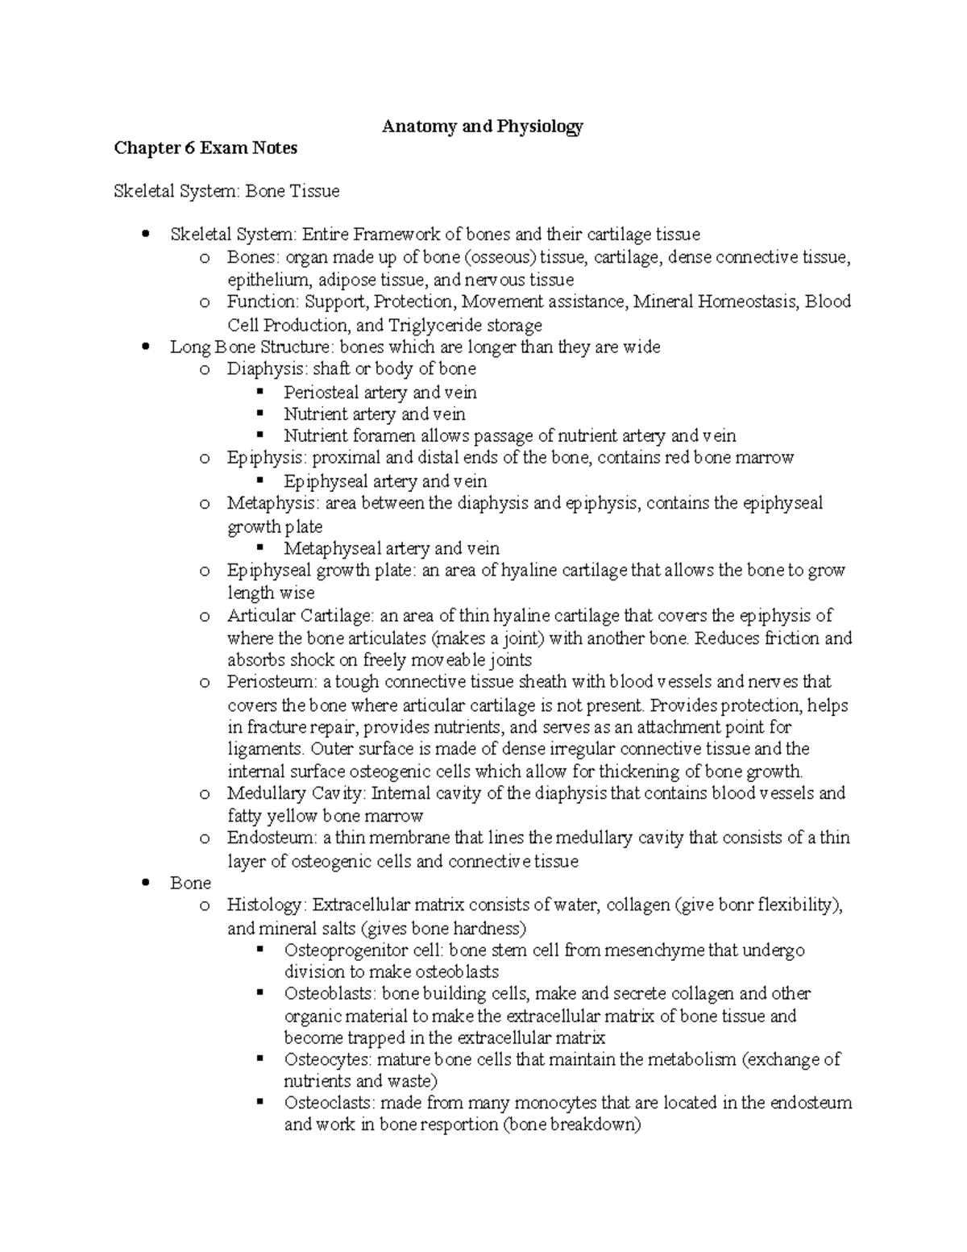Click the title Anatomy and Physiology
coord(482,127)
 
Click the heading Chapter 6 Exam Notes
coord(205,148)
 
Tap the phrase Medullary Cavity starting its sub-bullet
coord(295,793)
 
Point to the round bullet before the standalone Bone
coord(145,884)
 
